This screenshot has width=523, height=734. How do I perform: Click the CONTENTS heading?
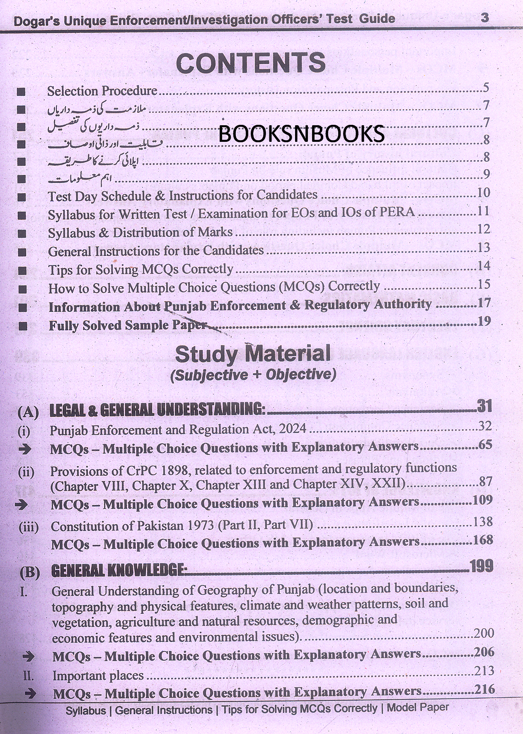tap(251, 63)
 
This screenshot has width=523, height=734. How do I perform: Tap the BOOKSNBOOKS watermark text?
tap(301, 134)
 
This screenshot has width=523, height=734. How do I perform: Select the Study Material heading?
tap(253, 355)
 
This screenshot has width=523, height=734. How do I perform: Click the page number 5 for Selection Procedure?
tap(486, 88)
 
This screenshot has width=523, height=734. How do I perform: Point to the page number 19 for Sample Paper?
tap(484, 321)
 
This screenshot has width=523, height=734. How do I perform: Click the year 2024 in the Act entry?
tap(292, 428)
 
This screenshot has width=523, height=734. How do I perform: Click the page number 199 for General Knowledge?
tap(482, 566)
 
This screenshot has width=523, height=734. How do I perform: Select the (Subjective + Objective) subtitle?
tap(253, 374)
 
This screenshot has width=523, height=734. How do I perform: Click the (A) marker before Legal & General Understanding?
tap(28, 412)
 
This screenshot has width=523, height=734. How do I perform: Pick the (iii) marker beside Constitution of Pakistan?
tap(29, 527)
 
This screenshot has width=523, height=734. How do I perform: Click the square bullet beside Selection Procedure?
tap(22, 92)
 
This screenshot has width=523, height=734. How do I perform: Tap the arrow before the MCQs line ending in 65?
tap(25, 449)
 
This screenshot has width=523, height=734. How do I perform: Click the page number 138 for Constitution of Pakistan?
tap(483, 522)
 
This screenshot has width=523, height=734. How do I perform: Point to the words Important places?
tap(98, 676)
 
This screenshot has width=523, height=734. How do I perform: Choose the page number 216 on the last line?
tap(484, 689)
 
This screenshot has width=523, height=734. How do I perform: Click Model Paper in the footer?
tap(417, 707)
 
